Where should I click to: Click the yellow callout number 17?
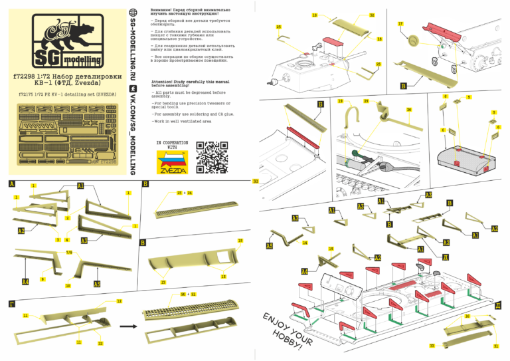(x=400, y=23)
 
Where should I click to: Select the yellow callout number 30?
(x=409, y=109)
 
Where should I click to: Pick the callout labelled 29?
(x=366, y=101)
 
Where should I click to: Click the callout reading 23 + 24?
(x=184, y=192)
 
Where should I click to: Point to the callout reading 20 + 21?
(x=188, y=293)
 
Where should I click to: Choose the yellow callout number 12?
(x=119, y=301)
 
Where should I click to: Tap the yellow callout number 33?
(x=432, y=346)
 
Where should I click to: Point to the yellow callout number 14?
(x=305, y=243)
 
